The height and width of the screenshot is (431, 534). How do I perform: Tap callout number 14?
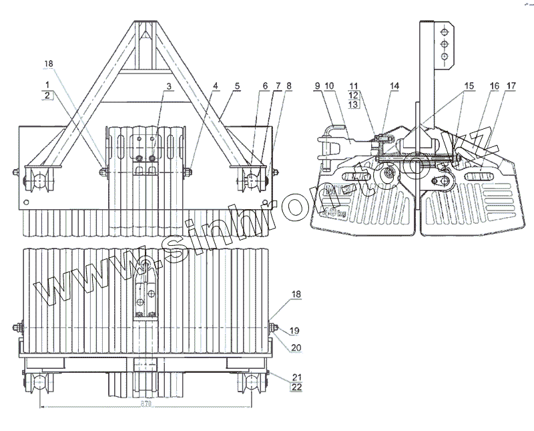[394, 86]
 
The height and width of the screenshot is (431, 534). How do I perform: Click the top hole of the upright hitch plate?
[443, 29]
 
